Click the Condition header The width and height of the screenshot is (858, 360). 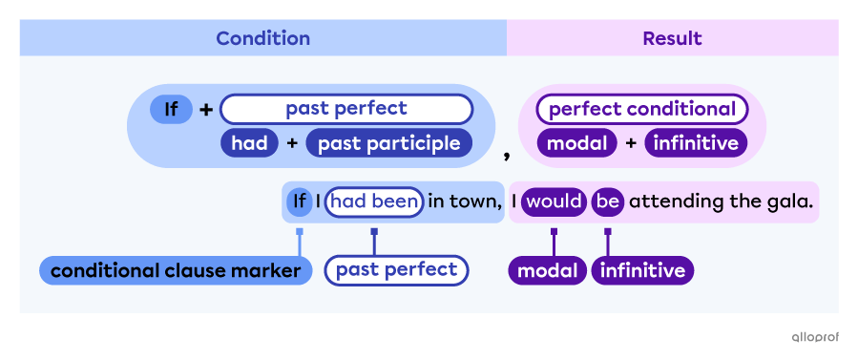262,38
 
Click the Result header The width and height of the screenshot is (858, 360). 672,38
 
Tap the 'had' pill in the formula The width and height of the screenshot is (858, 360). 249,143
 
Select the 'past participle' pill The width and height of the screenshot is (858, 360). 388,143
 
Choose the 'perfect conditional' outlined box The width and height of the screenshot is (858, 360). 641,109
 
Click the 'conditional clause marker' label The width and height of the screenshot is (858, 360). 176,271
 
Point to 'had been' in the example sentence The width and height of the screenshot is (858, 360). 374,201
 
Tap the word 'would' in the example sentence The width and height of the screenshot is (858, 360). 553,201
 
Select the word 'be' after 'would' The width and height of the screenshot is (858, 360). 608,201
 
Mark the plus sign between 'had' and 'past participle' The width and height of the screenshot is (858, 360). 292,143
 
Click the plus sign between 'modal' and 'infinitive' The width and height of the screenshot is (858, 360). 631,143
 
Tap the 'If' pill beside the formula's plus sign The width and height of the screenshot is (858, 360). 171,109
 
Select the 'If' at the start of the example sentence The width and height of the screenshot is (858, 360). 299,201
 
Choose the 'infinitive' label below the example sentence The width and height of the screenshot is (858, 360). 642,271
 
